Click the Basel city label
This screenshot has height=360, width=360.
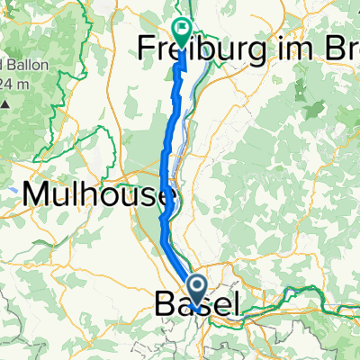pos(199,306)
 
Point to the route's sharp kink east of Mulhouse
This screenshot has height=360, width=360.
pos(162,217)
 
